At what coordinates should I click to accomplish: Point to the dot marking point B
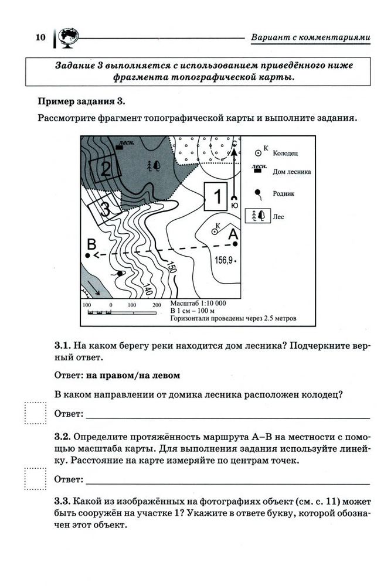point(88,256)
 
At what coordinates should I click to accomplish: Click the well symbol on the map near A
point(214,231)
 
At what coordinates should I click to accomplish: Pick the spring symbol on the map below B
point(120,273)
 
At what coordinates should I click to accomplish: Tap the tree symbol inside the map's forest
point(155,165)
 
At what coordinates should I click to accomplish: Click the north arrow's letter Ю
point(235,206)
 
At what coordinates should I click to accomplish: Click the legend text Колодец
point(285,153)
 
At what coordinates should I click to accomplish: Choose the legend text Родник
point(283,193)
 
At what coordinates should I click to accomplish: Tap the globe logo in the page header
point(65,37)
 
